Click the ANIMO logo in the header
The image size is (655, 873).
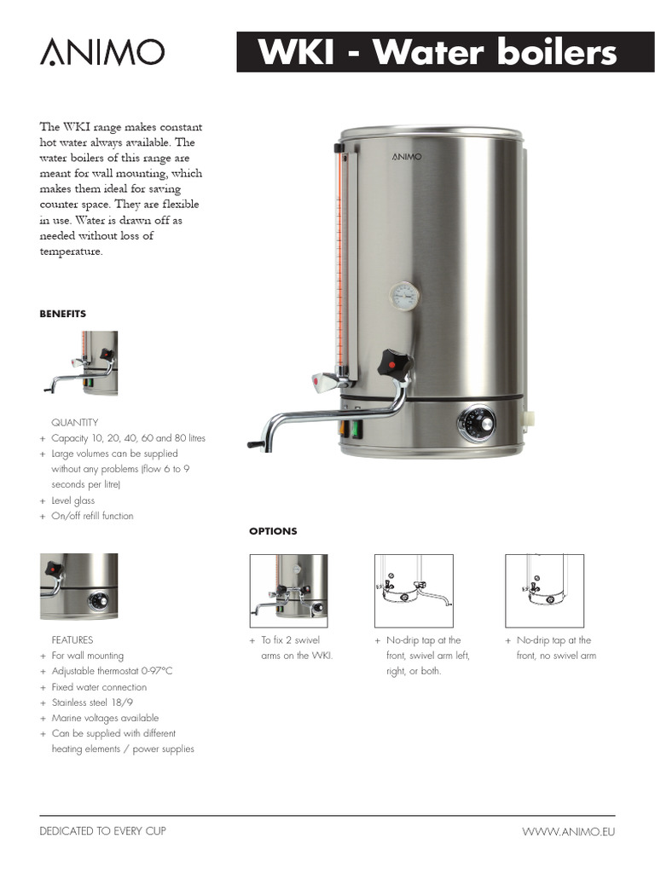pos(101,53)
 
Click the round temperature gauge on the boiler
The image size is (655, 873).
pos(404,296)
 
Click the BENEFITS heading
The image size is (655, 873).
pos(62,314)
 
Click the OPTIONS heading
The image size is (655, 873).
pos(273,531)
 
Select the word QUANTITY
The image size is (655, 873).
pos(74,423)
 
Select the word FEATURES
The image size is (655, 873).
pos(72,640)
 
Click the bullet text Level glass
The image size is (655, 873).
pos(73,500)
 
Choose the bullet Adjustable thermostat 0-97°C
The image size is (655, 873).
pos(112,671)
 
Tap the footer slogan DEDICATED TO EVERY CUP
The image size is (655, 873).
pos(102,830)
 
